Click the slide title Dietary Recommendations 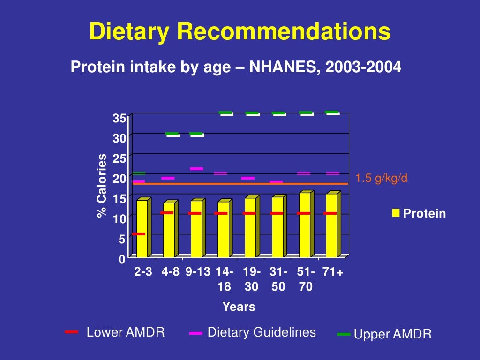coord(240,32)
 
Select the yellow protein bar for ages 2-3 coord(142,228)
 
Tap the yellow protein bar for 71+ coord(331,225)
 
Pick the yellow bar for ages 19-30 coord(250,227)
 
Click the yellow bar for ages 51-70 coord(304,225)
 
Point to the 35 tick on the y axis coord(119,119)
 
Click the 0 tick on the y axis coord(122,259)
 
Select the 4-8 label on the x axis coord(170,272)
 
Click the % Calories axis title coord(102,186)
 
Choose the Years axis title coord(239,307)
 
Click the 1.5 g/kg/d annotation coord(381,179)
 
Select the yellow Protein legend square coord(396,213)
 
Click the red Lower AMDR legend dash coord(72,332)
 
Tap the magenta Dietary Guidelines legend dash coord(196,333)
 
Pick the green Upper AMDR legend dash coord(344,334)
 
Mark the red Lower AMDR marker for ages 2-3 coord(139,233)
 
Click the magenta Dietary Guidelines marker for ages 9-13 coord(196,169)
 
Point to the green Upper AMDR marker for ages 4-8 coord(172,134)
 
